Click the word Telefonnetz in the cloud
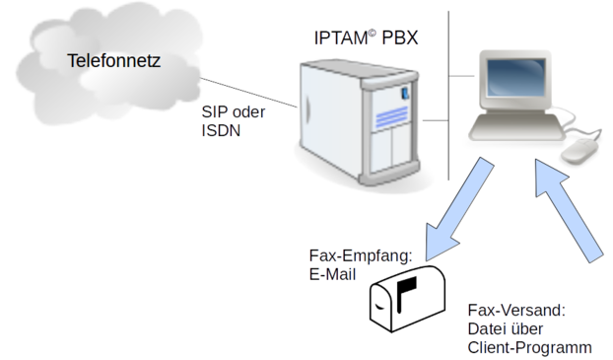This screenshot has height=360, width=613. point(113,60)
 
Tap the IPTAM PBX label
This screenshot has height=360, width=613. point(366,37)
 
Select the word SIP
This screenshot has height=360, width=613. point(215,111)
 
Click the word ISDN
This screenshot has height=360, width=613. point(221,131)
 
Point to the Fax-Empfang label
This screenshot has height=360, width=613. point(361,255)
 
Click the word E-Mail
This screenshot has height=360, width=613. point(332,275)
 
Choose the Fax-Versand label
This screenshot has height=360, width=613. point(516,311)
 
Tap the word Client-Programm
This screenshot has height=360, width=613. point(530,348)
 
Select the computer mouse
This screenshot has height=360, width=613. point(579,151)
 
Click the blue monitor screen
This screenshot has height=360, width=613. point(516,77)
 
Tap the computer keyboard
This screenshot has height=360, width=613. point(516,126)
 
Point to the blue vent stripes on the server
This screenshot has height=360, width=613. point(391,117)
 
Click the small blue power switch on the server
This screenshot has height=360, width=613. point(405,93)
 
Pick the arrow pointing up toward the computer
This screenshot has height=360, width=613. point(568,210)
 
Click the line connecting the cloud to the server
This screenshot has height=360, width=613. point(248,93)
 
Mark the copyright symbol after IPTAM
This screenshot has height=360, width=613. point(372,33)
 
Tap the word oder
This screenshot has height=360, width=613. point(247,111)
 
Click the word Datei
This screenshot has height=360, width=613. point(485,329)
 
